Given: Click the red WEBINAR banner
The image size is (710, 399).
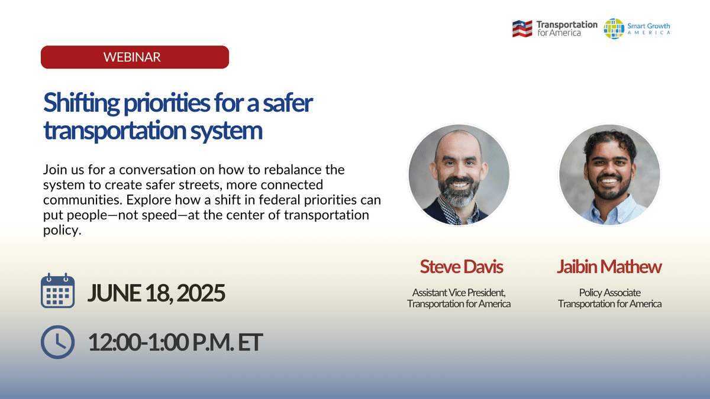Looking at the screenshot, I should pyautogui.click(x=134, y=57).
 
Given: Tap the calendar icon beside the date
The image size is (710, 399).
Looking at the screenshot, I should pyautogui.click(x=57, y=291).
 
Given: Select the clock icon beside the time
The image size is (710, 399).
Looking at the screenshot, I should pyautogui.click(x=57, y=342).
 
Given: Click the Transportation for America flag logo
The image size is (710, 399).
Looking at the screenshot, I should pyautogui.click(x=522, y=28).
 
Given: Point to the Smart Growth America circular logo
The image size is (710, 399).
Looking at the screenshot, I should pyautogui.click(x=614, y=28).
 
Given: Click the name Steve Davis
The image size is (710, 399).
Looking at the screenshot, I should pyautogui.click(x=461, y=267).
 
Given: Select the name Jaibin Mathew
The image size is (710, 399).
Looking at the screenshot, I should pyautogui.click(x=609, y=267).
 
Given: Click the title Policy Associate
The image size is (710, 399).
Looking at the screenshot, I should pyautogui.click(x=609, y=293).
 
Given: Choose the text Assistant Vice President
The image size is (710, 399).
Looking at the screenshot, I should pyautogui.click(x=459, y=293).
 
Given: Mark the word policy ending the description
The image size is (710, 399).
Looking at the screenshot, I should pyautogui.click(x=60, y=231).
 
